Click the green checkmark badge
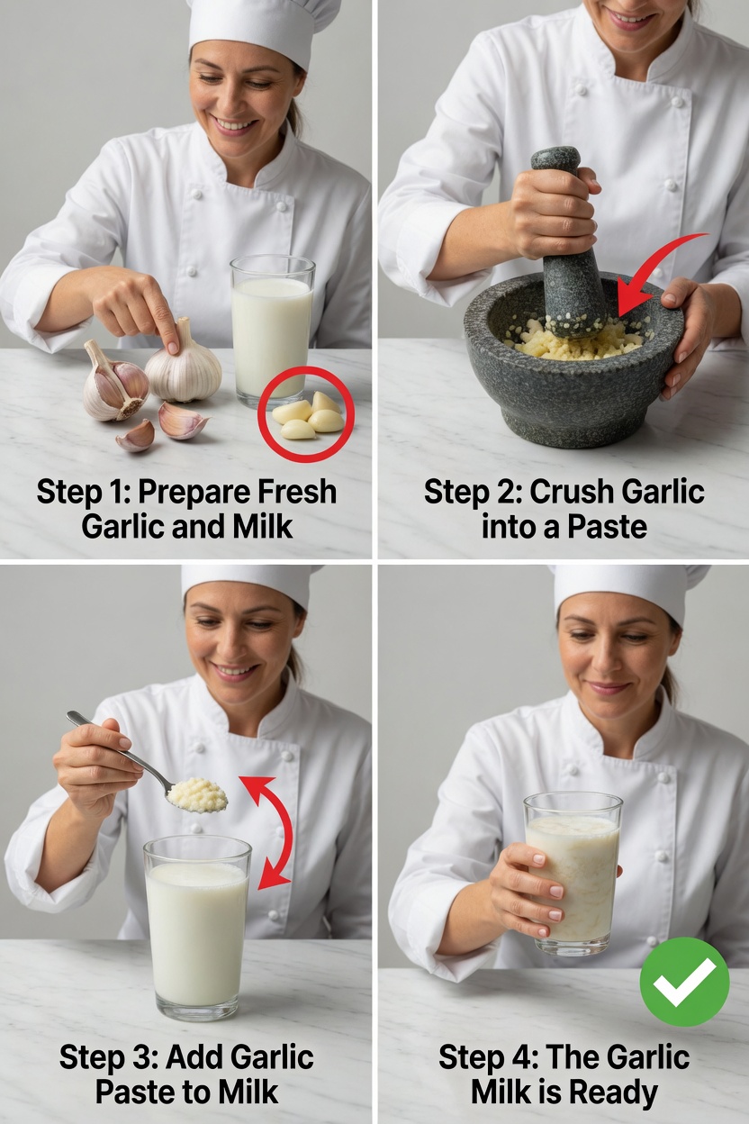[684, 981]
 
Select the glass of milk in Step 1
[272, 329]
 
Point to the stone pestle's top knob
[555, 160]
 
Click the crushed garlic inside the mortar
[576, 340]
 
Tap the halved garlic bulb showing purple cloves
[115, 385]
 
